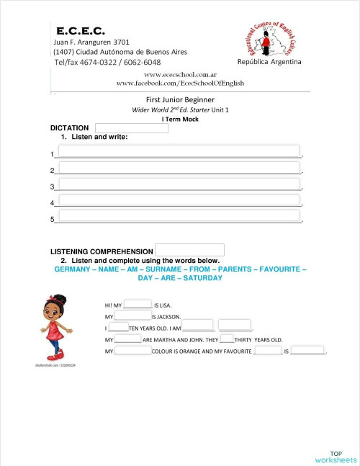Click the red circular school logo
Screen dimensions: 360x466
tap(268, 42)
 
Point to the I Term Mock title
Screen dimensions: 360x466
tap(180, 120)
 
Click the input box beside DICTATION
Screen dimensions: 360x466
tap(132, 128)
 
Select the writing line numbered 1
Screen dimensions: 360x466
tap(179, 151)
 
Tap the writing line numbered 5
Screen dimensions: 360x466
tap(179, 215)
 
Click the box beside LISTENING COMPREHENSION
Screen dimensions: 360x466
tap(189, 250)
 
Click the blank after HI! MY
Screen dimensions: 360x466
tap(138, 305)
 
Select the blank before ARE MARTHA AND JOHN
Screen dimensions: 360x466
tap(128, 339)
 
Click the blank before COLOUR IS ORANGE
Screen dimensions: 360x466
tap(132, 351)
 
